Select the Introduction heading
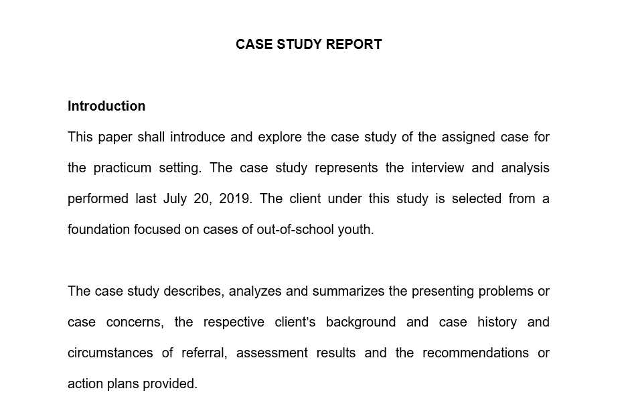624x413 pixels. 106,106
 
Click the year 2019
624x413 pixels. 234,199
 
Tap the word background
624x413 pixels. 361,322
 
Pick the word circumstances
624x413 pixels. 110,353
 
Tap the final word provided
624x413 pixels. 173,384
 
